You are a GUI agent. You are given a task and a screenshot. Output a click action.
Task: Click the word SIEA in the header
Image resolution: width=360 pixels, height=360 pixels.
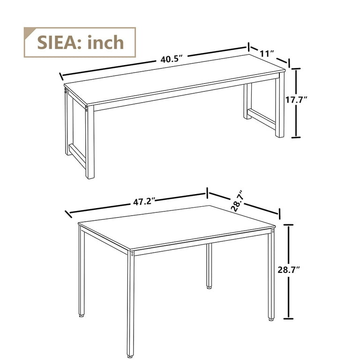(56, 42)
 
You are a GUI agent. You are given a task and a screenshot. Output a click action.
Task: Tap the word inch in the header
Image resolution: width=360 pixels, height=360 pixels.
(105, 42)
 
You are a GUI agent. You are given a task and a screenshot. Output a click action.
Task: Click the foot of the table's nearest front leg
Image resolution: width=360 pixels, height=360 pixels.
(130, 355)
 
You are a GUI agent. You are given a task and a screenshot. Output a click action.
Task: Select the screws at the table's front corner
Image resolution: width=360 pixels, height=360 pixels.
(133, 254)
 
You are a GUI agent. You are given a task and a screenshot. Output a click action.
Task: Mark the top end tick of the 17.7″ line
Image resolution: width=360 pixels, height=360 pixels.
(296, 68)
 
